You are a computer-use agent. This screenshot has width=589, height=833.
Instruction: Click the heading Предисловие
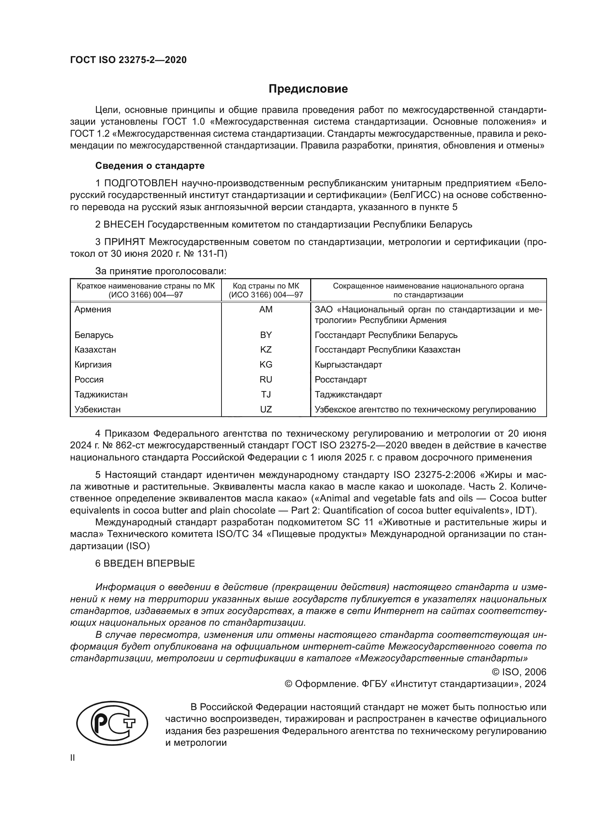(x=308, y=89)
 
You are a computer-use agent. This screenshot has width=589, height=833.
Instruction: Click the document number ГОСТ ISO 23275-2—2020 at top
(x=128, y=60)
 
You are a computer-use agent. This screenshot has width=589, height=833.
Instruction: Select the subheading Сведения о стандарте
(x=150, y=166)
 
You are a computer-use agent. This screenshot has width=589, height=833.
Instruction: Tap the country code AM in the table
(x=266, y=309)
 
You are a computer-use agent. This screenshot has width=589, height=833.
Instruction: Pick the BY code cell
(x=266, y=335)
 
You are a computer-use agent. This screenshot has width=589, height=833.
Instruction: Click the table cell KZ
(x=266, y=350)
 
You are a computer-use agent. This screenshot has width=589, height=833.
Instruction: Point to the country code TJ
(x=266, y=394)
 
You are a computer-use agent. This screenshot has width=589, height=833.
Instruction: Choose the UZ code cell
(x=266, y=410)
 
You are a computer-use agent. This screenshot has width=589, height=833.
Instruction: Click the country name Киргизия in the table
(x=93, y=365)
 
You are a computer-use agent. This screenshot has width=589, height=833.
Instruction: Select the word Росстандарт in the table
(x=340, y=380)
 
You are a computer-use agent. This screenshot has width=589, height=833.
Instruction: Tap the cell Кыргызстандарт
(x=348, y=365)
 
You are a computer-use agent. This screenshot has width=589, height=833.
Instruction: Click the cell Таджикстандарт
(x=348, y=394)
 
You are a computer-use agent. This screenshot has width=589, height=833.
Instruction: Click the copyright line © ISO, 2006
(x=518, y=672)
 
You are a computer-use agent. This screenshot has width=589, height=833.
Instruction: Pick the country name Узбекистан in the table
(x=97, y=410)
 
